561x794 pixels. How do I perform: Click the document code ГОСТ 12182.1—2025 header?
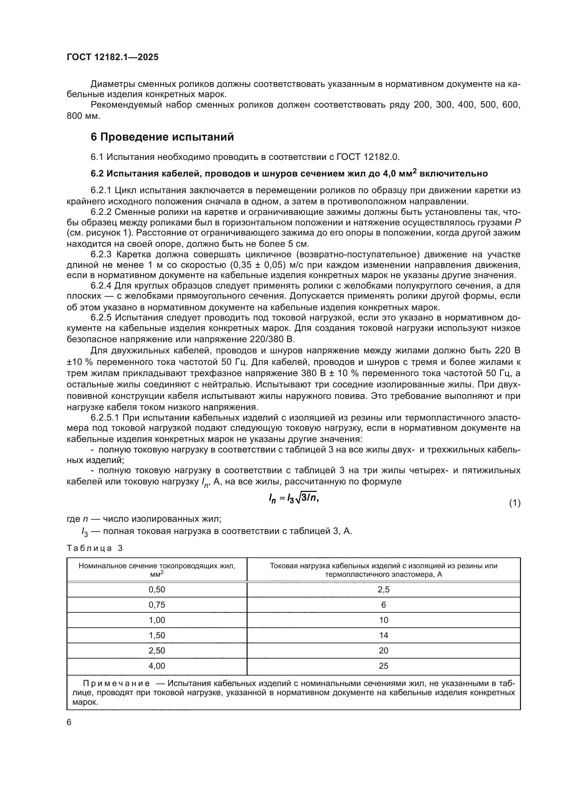tap(113, 57)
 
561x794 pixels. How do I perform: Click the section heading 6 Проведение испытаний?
tap(162, 137)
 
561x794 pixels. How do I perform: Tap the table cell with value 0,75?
tap(157, 605)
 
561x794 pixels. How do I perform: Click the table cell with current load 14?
tap(384, 635)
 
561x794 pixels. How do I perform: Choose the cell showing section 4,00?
tap(157, 666)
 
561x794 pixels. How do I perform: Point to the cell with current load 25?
tap(384, 666)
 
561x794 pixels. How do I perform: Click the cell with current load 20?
tap(384, 650)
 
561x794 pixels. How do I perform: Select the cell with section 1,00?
tap(157, 620)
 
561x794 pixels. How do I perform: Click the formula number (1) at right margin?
tap(515, 503)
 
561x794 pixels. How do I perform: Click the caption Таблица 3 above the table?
tap(95, 548)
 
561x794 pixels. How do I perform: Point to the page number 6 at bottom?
tap(69, 722)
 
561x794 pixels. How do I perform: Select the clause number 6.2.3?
tap(101, 255)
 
